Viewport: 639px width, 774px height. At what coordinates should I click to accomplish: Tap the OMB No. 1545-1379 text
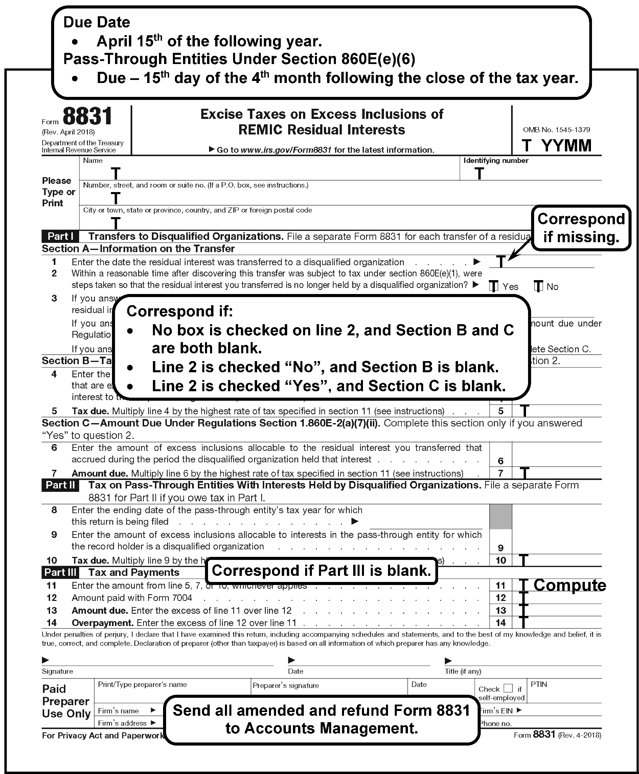tap(556, 130)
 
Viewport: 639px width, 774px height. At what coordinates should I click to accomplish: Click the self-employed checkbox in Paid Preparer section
tap(508, 688)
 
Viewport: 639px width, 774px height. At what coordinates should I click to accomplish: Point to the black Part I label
tap(60, 236)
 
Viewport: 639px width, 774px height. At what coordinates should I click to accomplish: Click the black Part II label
tap(60, 485)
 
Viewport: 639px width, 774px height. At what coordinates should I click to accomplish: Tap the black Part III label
tap(60, 572)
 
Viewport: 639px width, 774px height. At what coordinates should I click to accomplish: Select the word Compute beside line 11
tap(569, 585)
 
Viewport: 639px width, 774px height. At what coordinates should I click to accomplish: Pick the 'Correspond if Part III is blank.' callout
tap(321, 570)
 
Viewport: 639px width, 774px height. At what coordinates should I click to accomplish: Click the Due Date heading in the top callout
tap(96, 22)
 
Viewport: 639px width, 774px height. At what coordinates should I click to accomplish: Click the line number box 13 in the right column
tap(501, 610)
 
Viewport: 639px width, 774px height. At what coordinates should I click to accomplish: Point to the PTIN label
tap(539, 685)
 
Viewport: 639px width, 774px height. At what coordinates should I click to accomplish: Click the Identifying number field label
tap(496, 161)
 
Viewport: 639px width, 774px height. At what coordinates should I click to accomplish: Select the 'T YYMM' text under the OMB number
tap(556, 146)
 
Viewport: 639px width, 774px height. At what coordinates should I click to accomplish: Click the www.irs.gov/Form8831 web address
tap(286, 150)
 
